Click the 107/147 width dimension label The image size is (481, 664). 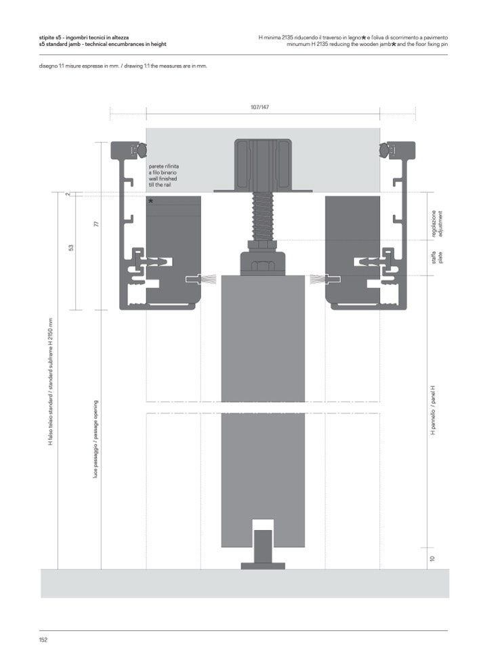click(x=259, y=107)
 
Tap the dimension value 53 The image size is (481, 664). click(x=71, y=247)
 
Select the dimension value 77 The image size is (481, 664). click(x=96, y=223)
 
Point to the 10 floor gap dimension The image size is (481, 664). click(x=432, y=558)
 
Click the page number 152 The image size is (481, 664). click(x=43, y=640)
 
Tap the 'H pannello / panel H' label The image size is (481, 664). click(x=432, y=410)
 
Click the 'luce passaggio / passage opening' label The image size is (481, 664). click(x=96, y=439)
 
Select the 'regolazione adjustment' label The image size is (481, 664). click(x=436, y=224)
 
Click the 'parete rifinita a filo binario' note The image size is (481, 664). click(x=163, y=169)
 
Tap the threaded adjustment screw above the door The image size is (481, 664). click(x=263, y=216)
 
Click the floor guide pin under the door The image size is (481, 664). click(x=263, y=549)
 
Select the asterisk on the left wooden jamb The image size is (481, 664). click(x=151, y=201)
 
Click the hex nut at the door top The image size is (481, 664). click(x=263, y=266)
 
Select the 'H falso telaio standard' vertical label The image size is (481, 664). click(x=51, y=381)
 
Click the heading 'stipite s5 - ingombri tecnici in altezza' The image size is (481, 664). click(x=84, y=38)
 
